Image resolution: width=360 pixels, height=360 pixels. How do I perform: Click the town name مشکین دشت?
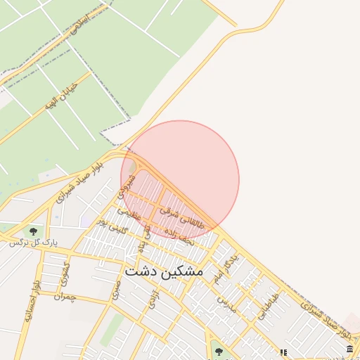pos(164,271)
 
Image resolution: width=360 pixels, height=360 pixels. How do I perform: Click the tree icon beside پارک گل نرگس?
pos(32,230)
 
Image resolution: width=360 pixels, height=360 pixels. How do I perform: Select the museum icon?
pos(349,349)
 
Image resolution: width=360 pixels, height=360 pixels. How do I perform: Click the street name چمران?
pos(64,297)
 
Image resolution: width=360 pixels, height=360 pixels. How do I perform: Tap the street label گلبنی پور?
pos(113,226)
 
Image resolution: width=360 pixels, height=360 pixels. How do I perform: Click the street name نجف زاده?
pos(178,235)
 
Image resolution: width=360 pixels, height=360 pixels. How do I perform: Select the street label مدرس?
pos(223,303)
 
